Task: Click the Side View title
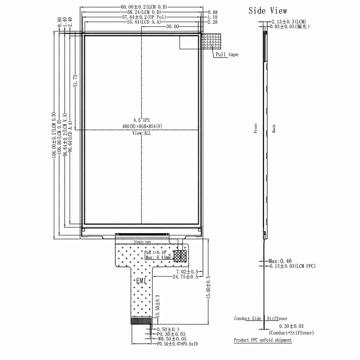[x=267, y=11]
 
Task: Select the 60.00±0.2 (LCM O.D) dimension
[x=144, y=7]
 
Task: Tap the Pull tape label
[x=227, y=55]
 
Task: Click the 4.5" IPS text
[x=141, y=120]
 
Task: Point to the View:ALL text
[x=141, y=133]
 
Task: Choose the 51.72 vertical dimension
[x=75, y=80]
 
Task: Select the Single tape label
[x=142, y=242]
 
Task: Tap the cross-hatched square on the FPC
[x=180, y=256]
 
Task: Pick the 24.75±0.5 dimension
[x=185, y=277]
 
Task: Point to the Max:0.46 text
[x=280, y=261]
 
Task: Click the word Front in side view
[x=256, y=128]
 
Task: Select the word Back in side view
[x=274, y=129]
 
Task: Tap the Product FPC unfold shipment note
[x=263, y=340]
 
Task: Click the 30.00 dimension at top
[x=172, y=27]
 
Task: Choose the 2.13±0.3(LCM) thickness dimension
[x=289, y=22]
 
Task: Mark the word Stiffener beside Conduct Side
[x=277, y=318]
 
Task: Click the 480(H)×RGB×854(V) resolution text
[x=142, y=127]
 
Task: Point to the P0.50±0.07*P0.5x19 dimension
[x=177, y=349]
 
